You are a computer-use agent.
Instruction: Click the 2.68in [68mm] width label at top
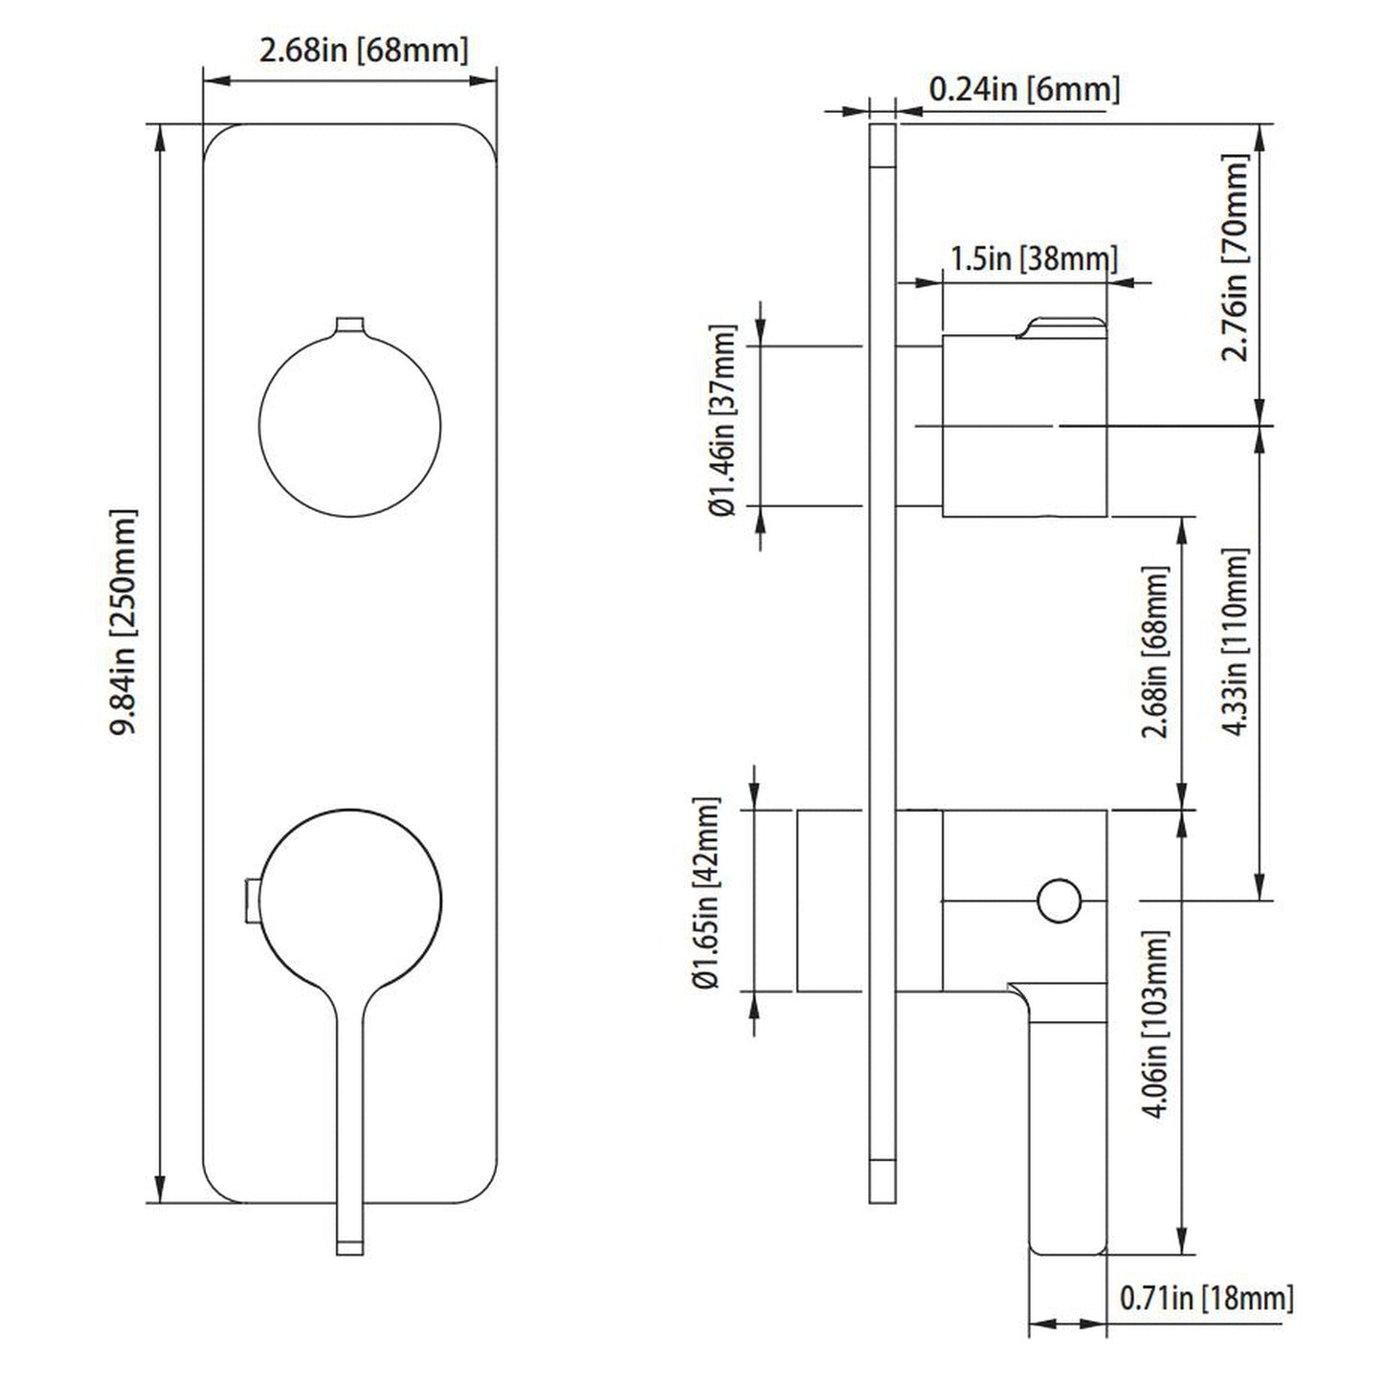[364, 50]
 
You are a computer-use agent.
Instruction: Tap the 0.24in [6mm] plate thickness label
[1023, 90]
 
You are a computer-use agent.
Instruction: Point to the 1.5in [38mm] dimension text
[1033, 258]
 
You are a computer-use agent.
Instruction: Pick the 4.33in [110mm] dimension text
[1237, 641]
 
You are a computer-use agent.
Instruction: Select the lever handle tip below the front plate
[350, 1244]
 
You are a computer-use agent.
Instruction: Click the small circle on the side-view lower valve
[1059, 901]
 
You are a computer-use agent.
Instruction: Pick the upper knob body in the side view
[1024, 427]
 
